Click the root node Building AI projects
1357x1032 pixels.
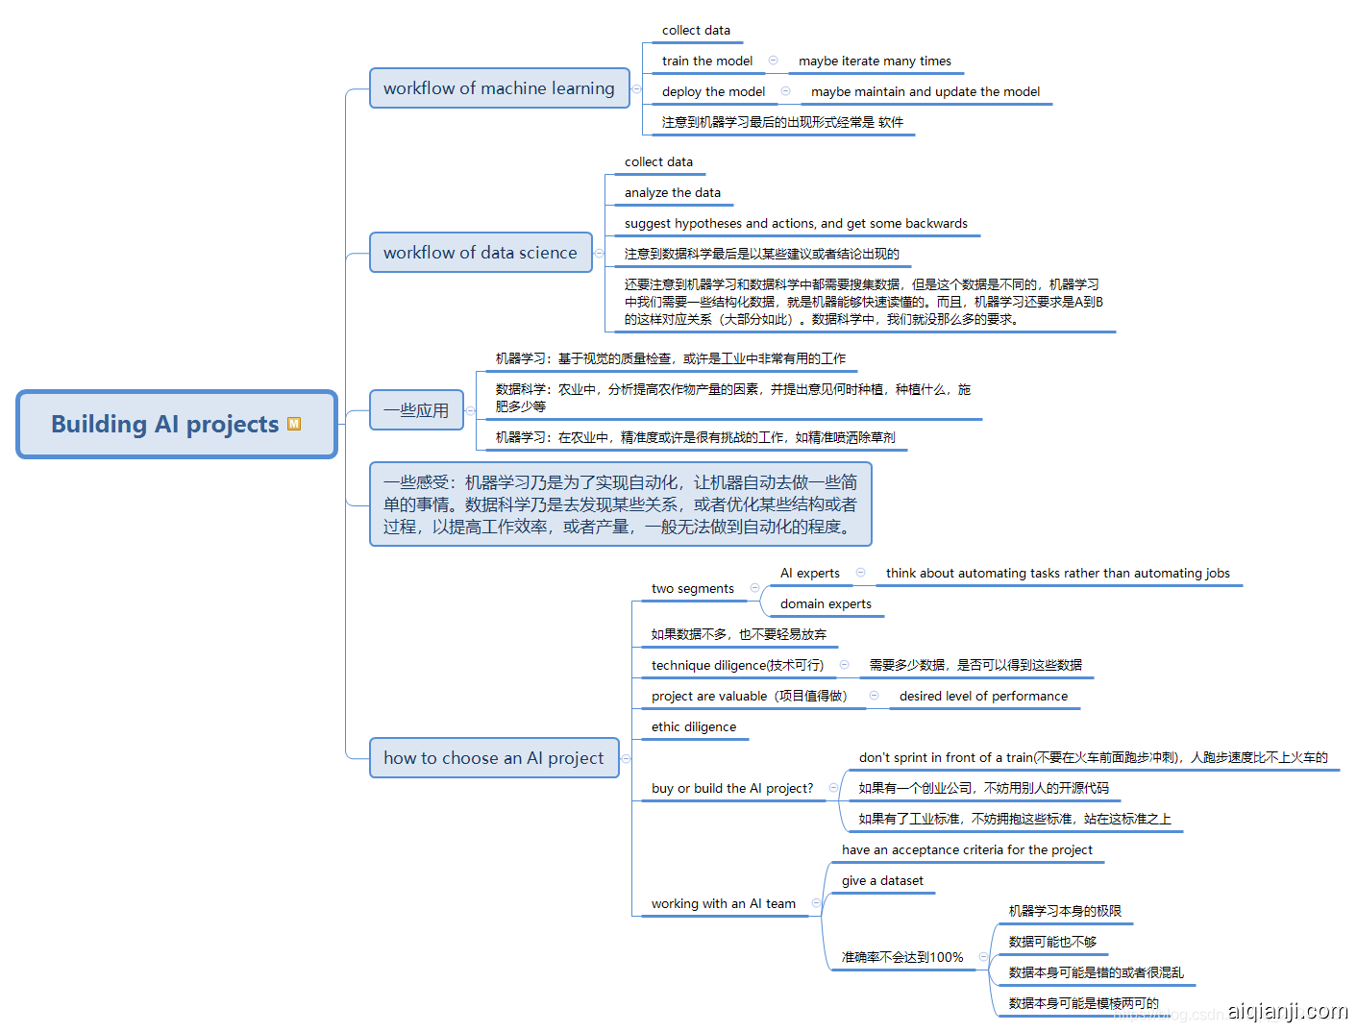[x=165, y=424]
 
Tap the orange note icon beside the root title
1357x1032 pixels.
[x=294, y=424]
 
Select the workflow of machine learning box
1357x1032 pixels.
[x=499, y=88]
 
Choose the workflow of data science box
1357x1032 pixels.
[x=481, y=253]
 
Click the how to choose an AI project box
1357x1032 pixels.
[x=494, y=758]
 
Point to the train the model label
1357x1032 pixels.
[x=707, y=61]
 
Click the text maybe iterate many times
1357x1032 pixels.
[x=875, y=61]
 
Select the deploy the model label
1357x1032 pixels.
[x=713, y=92]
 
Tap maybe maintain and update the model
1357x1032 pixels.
[x=925, y=92]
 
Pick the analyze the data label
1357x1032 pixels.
[x=673, y=193]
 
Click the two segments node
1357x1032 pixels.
[x=692, y=589]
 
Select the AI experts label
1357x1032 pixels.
[x=810, y=574]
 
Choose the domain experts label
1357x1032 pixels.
[x=826, y=604]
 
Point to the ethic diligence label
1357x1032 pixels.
[x=694, y=727]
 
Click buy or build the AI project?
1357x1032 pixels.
[x=732, y=789]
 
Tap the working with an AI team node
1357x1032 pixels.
[x=724, y=904]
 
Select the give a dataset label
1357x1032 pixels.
[x=882, y=881]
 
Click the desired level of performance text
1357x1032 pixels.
[x=983, y=697]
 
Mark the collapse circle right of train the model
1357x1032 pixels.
[x=773, y=61]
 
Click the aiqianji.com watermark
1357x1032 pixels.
[x=1287, y=1011]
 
